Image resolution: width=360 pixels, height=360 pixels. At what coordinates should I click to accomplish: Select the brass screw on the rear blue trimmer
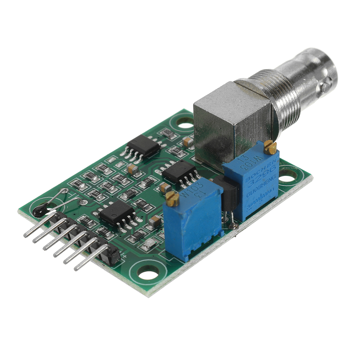pos(270,147)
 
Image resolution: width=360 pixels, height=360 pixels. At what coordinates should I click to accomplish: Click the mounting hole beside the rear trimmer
pos(288,176)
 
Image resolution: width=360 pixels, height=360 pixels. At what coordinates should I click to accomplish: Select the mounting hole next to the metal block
pos(185,125)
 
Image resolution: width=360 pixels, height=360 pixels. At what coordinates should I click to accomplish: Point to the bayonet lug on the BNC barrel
pos(326,87)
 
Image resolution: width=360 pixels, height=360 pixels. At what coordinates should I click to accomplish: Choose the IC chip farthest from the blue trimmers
pos(143,146)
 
